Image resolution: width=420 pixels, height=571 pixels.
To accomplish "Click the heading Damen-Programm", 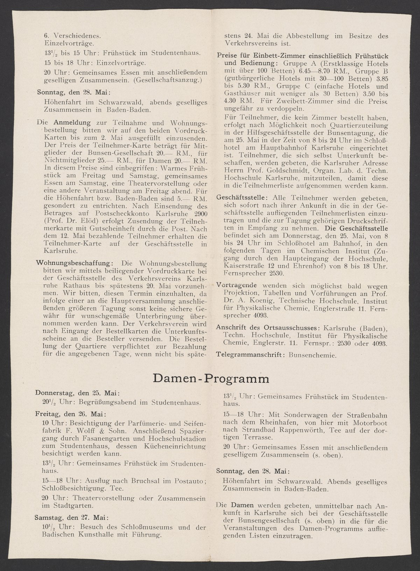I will [x=211, y=379].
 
